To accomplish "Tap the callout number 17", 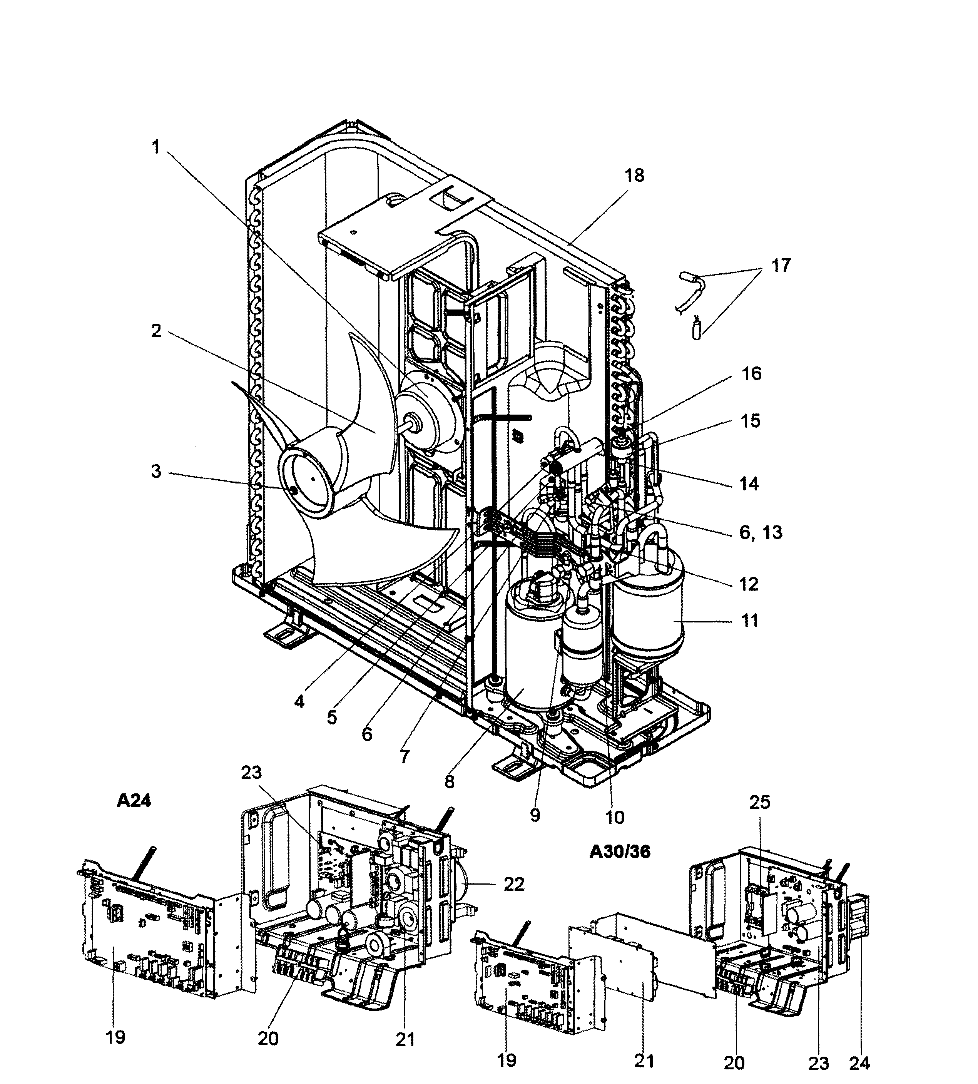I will [781, 266].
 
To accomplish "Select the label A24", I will [134, 801].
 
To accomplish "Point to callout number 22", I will [514, 885].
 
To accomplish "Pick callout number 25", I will [759, 802].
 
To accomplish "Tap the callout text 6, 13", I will [761, 533].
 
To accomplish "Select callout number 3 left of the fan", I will [156, 472].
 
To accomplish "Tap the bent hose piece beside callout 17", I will [690, 290].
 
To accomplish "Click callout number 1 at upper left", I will [156, 147].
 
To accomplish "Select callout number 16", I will [751, 373].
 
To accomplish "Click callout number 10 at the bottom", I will [615, 818].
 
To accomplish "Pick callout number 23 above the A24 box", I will [251, 773].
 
